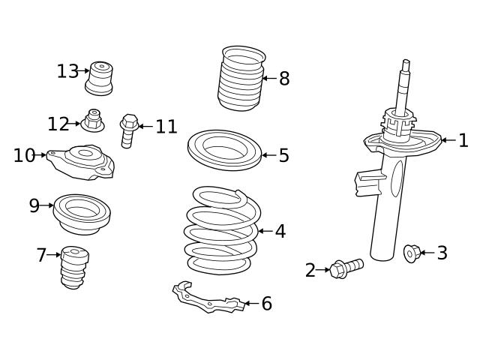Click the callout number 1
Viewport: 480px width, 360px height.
(463, 140)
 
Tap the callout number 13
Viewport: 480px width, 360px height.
(67, 71)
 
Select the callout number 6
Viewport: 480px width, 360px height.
(266, 304)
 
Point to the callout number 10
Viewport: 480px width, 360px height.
(24, 155)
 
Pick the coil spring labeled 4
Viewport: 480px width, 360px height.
(222, 232)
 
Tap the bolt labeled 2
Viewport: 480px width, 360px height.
(346, 267)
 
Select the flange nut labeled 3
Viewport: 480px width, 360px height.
(410, 253)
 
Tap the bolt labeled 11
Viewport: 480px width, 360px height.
(127, 130)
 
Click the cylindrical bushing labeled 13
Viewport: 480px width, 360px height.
(99, 77)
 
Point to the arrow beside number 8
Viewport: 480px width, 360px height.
(268, 78)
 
